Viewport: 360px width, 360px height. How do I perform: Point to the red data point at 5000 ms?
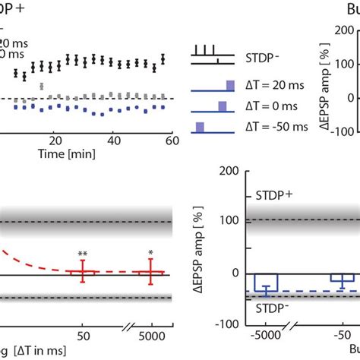pos(155,272)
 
